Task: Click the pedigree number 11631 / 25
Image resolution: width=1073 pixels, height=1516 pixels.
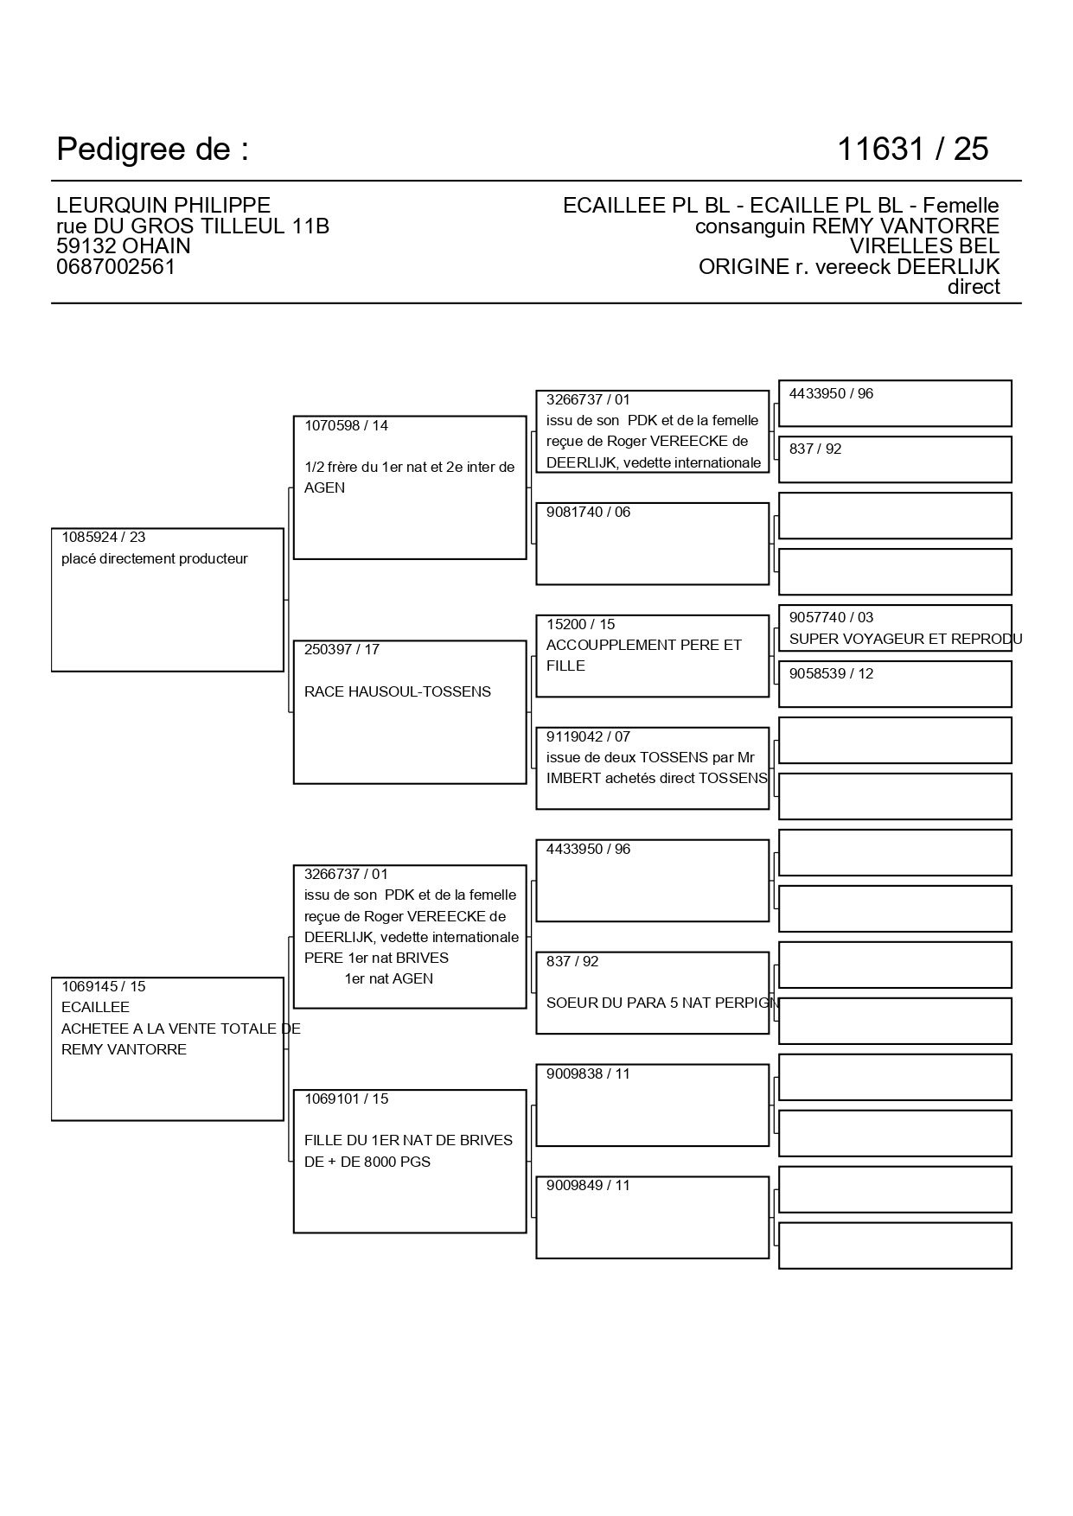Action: tap(912, 150)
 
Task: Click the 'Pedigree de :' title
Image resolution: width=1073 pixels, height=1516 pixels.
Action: tap(152, 150)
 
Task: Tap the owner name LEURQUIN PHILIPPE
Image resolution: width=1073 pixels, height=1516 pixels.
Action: tap(163, 206)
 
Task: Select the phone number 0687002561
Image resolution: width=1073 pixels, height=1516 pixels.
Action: tap(116, 267)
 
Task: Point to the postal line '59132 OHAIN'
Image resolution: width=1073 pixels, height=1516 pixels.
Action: tap(124, 246)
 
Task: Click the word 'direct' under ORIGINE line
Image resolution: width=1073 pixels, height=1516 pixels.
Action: tap(974, 287)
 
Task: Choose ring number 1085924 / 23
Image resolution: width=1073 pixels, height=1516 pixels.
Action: tap(104, 538)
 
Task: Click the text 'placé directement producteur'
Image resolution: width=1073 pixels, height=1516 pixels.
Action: tap(155, 559)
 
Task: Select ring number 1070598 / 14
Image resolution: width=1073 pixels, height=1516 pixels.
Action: tap(346, 425)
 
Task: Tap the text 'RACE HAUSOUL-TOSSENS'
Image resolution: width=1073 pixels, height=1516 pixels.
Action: tap(398, 691)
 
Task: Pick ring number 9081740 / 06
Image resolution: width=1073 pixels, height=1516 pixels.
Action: tap(588, 512)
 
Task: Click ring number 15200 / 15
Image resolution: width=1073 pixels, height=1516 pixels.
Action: tap(580, 624)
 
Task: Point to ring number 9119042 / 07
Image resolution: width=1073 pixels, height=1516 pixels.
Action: tap(588, 736)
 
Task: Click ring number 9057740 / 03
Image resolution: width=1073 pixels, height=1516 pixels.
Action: tap(831, 617)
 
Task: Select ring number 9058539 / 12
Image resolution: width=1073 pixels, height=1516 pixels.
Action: tap(831, 673)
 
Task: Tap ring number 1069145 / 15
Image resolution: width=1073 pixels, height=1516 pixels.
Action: tap(104, 986)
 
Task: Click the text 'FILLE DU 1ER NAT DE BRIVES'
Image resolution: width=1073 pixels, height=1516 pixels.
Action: tap(408, 1141)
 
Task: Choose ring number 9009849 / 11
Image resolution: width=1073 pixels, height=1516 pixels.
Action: tap(588, 1185)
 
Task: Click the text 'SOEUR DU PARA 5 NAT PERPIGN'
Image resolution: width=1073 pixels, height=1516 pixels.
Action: tap(663, 1003)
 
